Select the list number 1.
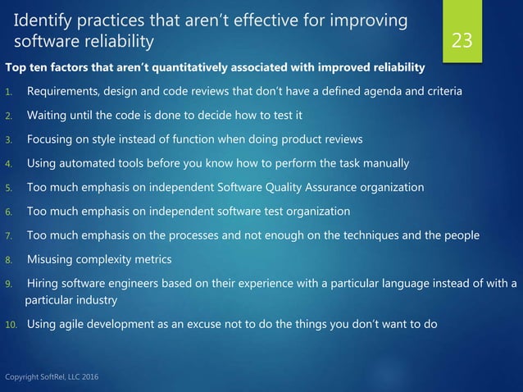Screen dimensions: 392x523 coord(8,92)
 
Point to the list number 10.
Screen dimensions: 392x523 coord(11,323)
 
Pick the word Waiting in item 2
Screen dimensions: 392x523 coord(48,115)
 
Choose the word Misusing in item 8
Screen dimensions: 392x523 coord(52,259)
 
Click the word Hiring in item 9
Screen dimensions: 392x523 coord(43,284)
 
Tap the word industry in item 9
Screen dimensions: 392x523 coord(96,299)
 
